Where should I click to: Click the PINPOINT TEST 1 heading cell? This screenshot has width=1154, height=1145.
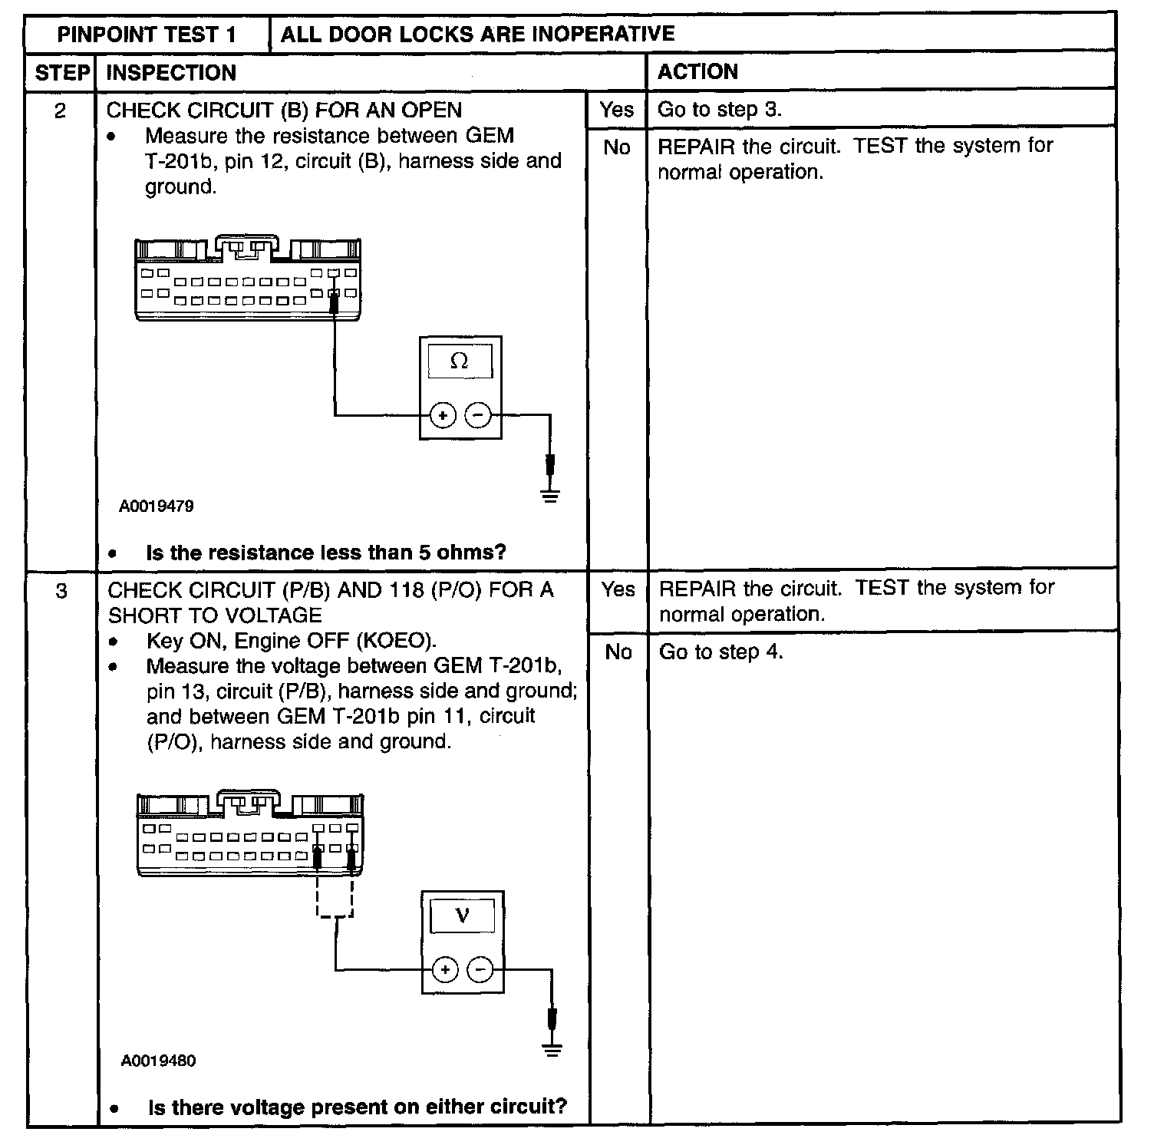click(147, 35)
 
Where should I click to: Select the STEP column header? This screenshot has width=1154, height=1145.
click(61, 73)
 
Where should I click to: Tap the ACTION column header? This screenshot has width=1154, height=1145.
click(697, 72)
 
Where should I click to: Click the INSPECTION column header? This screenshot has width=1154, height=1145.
click(171, 73)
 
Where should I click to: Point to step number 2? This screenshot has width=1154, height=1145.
click(60, 111)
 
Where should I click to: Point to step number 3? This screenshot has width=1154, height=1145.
click(61, 591)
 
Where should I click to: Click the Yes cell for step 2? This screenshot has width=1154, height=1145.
click(617, 110)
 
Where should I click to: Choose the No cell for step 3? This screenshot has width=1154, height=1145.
click(618, 652)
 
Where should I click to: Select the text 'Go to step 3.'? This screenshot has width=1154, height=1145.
click(720, 110)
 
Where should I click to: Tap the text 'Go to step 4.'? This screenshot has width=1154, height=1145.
click(721, 652)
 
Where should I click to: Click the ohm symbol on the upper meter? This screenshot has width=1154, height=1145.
click(460, 361)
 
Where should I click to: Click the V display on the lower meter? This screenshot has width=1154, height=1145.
click(462, 916)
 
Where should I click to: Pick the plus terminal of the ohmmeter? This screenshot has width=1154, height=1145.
click(442, 415)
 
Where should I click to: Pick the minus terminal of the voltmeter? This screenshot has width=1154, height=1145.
click(481, 970)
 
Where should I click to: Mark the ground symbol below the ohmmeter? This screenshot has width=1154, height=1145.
click(550, 495)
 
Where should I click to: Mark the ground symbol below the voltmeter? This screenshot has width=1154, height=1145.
click(552, 1050)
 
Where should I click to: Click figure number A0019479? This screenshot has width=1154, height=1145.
click(157, 507)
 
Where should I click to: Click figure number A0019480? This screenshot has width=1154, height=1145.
click(158, 1061)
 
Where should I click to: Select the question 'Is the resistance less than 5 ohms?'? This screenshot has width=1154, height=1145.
click(325, 553)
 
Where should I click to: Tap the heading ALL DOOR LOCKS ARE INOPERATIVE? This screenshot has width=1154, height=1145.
click(477, 34)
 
